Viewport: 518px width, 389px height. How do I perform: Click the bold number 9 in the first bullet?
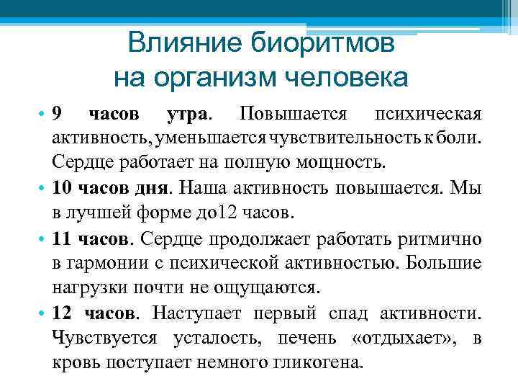coord(58,115)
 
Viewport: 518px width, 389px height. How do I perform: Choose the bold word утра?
coord(188,115)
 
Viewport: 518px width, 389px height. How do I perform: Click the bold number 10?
coord(62,188)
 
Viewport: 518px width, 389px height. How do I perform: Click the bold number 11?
coord(62,238)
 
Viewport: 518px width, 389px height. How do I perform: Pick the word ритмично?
coord(439,238)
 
